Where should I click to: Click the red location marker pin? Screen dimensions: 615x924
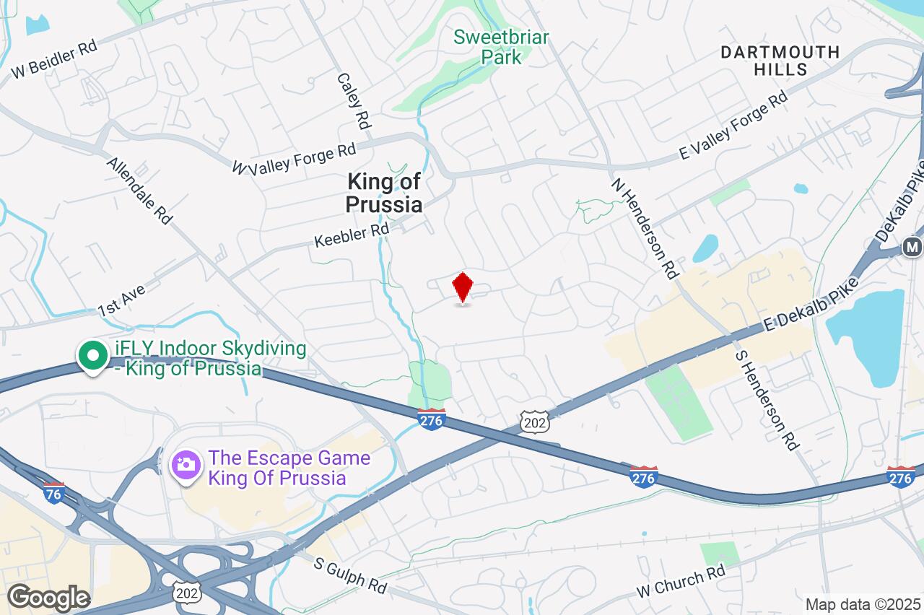[462, 287]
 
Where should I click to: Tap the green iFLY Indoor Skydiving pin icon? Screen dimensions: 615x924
[92, 356]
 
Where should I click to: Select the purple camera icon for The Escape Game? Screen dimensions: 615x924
[186, 463]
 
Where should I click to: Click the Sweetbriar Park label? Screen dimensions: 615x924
[502, 47]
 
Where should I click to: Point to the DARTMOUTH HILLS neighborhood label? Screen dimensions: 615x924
[780, 61]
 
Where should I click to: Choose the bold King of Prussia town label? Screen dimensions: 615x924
[384, 193]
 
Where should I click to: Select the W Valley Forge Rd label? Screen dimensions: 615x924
[295, 158]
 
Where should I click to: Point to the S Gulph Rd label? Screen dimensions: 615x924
[350, 574]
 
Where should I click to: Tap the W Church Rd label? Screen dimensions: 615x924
[680, 582]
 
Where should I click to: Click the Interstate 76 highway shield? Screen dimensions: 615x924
[53, 492]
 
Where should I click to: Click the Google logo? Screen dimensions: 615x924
[48, 598]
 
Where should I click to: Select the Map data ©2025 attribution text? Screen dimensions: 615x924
[863, 604]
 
